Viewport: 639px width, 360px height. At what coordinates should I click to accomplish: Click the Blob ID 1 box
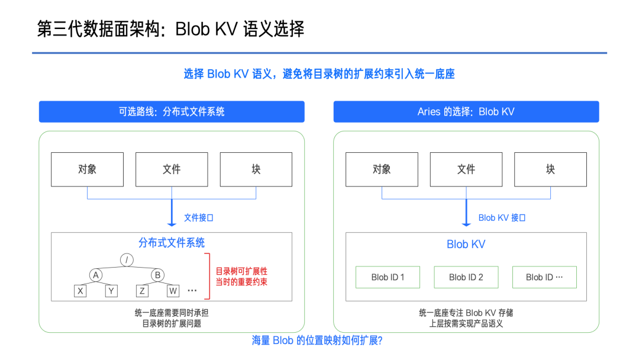[x=388, y=277]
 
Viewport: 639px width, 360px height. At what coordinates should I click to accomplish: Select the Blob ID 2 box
[x=466, y=277]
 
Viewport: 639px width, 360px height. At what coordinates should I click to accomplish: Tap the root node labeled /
[x=127, y=260]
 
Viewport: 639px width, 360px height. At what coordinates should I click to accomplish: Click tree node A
[x=96, y=275]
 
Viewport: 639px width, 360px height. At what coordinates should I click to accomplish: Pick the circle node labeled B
[x=158, y=275]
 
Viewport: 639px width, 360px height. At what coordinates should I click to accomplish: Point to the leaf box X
[x=80, y=291]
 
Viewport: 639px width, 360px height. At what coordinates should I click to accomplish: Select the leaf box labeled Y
[x=111, y=291]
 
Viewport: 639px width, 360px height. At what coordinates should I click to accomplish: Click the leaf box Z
[x=142, y=291]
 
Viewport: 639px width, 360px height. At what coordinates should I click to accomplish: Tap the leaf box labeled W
[x=173, y=291]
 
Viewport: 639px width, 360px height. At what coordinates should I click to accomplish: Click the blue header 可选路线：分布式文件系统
[x=172, y=112]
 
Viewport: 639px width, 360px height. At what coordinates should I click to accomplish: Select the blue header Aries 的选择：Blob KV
[x=466, y=112]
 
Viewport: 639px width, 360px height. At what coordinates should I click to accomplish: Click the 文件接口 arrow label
[x=198, y=218]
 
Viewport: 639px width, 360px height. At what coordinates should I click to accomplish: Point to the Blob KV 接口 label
[x=502, y=218]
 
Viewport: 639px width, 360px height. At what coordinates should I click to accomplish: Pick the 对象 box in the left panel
[x=87, y=169]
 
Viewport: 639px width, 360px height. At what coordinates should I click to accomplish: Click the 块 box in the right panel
[x=551, y=169]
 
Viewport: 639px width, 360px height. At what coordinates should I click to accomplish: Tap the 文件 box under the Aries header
[x=466, y=169]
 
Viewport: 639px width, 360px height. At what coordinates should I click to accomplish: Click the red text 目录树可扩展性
[x=241, y=271]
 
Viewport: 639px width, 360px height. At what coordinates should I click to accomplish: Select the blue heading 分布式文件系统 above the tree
[x=172, y=243]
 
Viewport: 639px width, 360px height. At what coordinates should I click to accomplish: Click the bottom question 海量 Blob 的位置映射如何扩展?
[x=317, y=340]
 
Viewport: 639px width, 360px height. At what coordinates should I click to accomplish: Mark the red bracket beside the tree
[x=209, y=276]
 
